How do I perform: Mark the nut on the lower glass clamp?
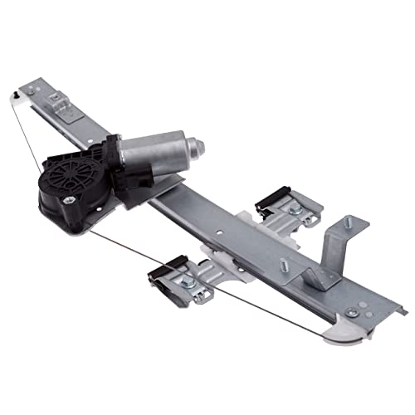(x=188, y=283)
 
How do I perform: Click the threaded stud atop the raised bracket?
(x=344, y=222)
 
